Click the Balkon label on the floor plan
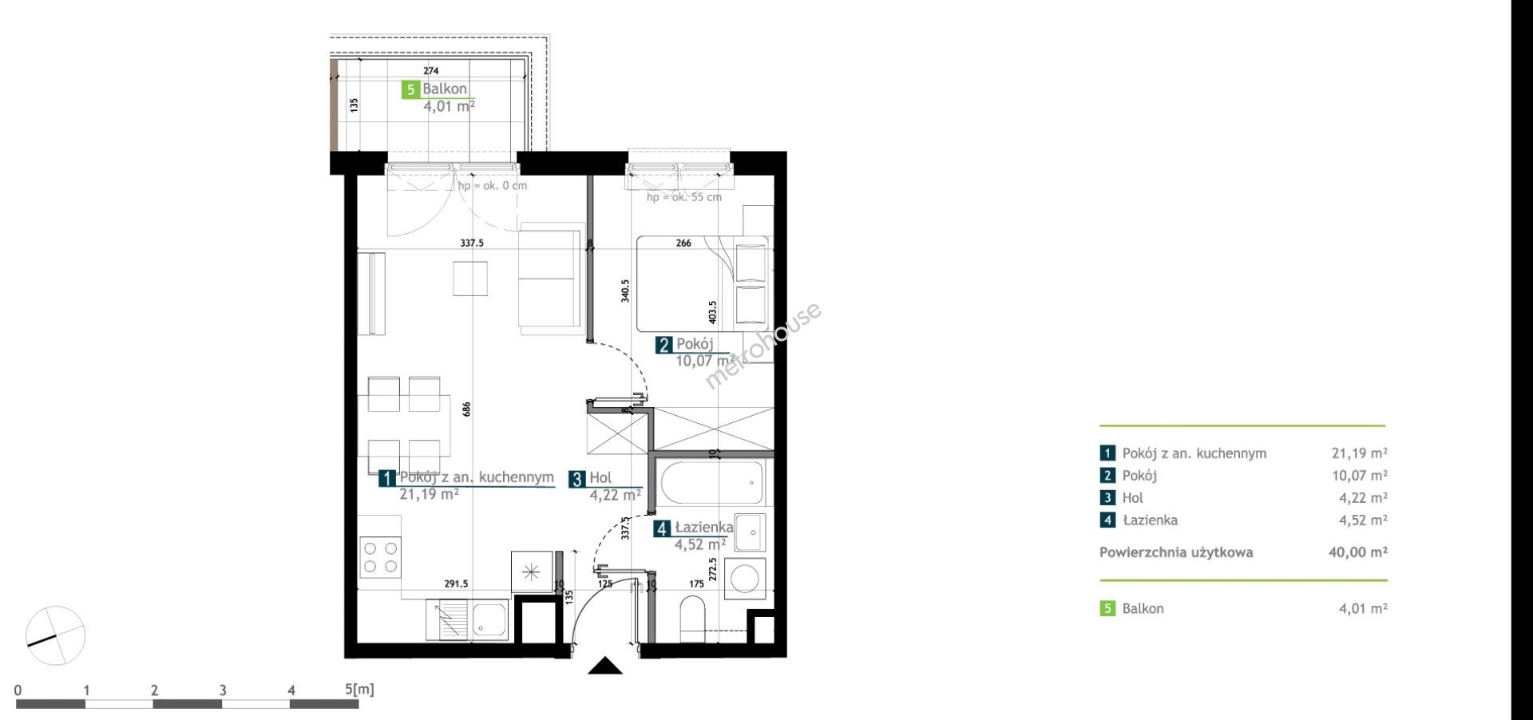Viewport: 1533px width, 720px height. point(445,89)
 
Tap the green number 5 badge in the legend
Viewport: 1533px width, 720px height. point(1107,608)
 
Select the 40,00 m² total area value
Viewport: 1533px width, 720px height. point(1357,552)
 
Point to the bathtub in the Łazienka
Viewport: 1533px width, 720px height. point(712,483)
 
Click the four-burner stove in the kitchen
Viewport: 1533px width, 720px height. point(380,557)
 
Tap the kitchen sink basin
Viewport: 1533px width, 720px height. point(489,619)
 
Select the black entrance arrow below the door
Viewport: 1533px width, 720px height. point(604,666)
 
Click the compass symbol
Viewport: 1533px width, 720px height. point(55,635)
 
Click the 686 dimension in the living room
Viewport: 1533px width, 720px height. point(467,409)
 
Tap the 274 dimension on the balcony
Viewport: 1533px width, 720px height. point(431,71)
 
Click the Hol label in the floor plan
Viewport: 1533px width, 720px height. point(600,478)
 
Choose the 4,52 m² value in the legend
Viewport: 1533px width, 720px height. point(1363,520)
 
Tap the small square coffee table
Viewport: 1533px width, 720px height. point(470,278)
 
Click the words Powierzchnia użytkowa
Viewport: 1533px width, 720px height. point(1176,552)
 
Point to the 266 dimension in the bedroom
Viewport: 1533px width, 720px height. point(683,243)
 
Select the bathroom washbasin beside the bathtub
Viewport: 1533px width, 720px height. point(750,532)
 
